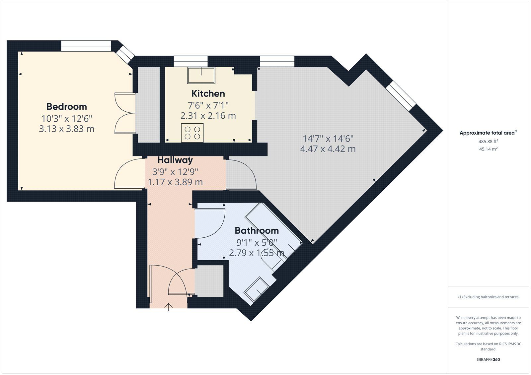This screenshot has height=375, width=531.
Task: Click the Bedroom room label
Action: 66,106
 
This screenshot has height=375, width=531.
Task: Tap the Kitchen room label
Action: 208,94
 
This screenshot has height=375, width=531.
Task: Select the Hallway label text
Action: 175,160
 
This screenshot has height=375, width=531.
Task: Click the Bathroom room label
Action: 257,230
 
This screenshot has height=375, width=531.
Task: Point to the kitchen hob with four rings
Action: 192,133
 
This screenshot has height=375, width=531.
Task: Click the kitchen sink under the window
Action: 201,75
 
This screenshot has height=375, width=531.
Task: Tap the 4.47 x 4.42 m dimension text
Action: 328,149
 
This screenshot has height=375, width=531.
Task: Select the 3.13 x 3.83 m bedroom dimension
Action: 66,129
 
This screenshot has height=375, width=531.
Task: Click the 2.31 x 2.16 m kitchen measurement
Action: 208,116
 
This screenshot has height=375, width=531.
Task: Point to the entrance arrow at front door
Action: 169,307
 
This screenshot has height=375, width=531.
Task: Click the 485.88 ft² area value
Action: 488,141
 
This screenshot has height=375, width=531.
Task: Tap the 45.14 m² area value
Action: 488,149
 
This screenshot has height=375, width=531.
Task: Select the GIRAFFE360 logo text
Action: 488,359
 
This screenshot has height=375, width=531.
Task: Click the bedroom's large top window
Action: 86,46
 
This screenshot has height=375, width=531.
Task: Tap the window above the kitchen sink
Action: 190,61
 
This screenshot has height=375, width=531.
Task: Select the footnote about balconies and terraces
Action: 488,297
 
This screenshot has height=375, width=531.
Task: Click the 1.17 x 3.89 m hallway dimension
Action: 175,182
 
